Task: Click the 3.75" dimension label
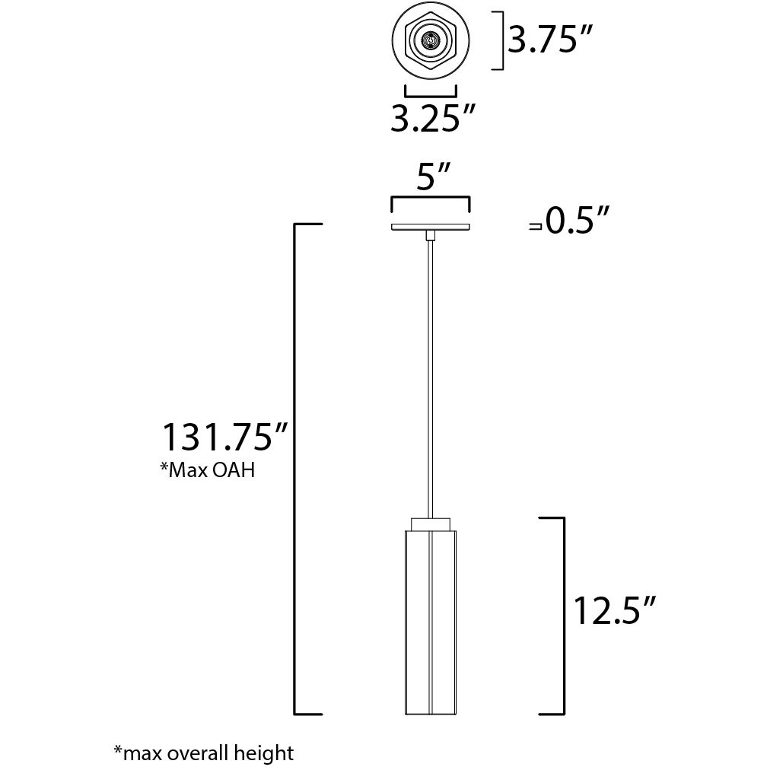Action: (x=549, y=41)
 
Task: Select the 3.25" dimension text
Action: (x=433, y=119)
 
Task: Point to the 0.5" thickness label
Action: (x=578, y=223)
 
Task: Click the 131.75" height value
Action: (x=226, y=438)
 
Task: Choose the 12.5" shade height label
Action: (x=614, y=610)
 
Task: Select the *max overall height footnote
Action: (x=203, y=753)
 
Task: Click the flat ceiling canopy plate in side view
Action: (x=431, y=226)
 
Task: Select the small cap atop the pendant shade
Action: (x=431, y=523)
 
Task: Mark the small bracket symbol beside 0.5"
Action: (x=536, y=226)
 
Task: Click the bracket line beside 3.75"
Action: (x=502, y=41)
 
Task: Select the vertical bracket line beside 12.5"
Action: (x=563, y=616)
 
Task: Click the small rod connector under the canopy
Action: (x=431, y=234)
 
